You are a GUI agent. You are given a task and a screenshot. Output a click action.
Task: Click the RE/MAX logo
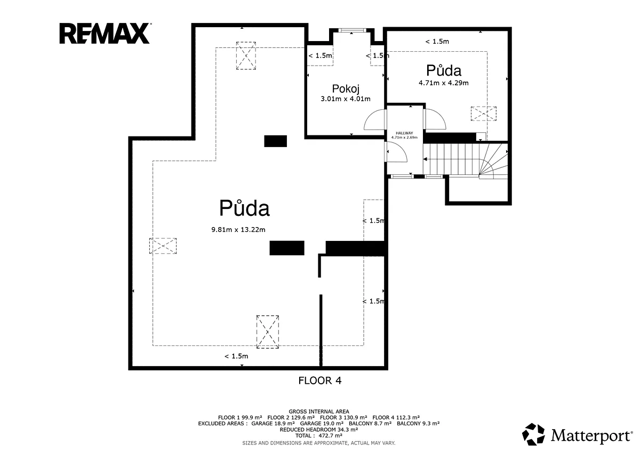pos(105,34)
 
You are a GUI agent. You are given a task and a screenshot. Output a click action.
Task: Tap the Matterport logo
pos(577,435)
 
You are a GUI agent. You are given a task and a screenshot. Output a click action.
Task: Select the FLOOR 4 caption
pos(319,381)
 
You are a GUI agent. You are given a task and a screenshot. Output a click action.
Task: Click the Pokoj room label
pos(346,89)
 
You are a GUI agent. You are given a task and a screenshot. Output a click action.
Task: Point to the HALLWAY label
pos(404,133)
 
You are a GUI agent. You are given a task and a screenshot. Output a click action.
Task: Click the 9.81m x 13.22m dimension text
pos(238,230)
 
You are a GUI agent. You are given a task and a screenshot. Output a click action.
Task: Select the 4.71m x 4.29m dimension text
pos(443,83)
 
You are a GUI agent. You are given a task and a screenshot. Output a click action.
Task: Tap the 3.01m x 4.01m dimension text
pos(346,99)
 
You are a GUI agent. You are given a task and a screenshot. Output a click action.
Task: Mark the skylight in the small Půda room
pos(483,114)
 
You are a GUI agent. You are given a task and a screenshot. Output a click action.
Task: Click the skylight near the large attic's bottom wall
pos(267,332)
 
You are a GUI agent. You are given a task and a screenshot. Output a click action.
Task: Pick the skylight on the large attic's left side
pos(163,246)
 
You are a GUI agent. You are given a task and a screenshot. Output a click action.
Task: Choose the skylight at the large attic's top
pos(246,55)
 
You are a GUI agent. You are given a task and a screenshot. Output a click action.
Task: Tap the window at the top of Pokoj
pos(352,30)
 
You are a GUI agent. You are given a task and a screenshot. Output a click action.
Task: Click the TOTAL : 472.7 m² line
pos(318,435)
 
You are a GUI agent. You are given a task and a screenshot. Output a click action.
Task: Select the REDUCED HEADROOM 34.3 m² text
pos(318,430)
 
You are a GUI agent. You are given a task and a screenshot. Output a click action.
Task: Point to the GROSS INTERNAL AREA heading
pos(318,411)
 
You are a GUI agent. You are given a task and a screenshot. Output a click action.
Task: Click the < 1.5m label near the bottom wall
pos(236,356)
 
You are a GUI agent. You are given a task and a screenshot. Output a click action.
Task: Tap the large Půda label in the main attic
pos(244,208)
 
